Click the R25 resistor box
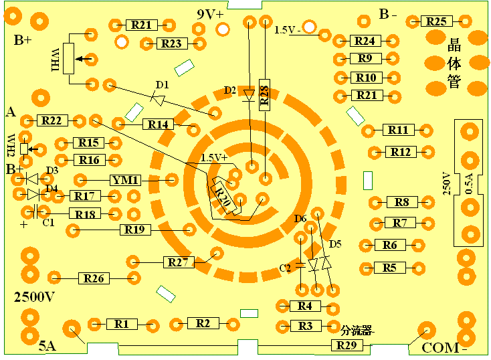pos(437,21)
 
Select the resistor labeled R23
pos(172,43)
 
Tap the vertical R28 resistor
pos(265,95)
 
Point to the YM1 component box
pos(125,180)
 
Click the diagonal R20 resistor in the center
pos(226,197)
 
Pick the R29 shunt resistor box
pos(347,345)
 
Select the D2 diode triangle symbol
pos(249,95)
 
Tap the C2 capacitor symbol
pos(300,265)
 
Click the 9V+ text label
pos(211,14)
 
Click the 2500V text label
pos(34,296)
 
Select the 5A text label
pos(47,346)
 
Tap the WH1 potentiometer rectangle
pos(69,59)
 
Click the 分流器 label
pos(357,331)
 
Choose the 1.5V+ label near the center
pos(213,158)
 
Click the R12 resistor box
pos(401,152)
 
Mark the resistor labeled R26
pos(94,278)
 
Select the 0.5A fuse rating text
pos(469,184)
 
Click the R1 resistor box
pos(122,324)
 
